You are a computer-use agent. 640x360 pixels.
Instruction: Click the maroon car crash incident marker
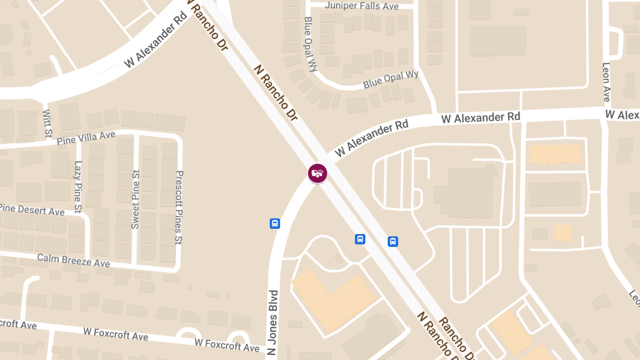point(317,173)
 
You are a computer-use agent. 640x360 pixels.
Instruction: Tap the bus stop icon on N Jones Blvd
point(275,223)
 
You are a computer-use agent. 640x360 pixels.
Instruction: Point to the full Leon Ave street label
point(606,82)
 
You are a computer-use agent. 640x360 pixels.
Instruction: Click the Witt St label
point(47,122)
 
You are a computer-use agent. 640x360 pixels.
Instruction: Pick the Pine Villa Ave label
point(86,138)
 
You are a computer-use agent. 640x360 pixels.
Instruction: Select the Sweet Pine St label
point(135,199)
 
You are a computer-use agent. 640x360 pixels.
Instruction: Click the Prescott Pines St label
point(179,208)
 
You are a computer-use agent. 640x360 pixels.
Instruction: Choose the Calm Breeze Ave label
point(74,260)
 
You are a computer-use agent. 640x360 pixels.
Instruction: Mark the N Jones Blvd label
point(273,323)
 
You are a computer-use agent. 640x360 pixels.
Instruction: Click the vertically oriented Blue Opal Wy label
point(310,44)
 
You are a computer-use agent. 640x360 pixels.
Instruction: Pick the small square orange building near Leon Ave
point(563,233)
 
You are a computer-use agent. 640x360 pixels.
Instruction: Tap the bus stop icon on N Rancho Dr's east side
point(393,242)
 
